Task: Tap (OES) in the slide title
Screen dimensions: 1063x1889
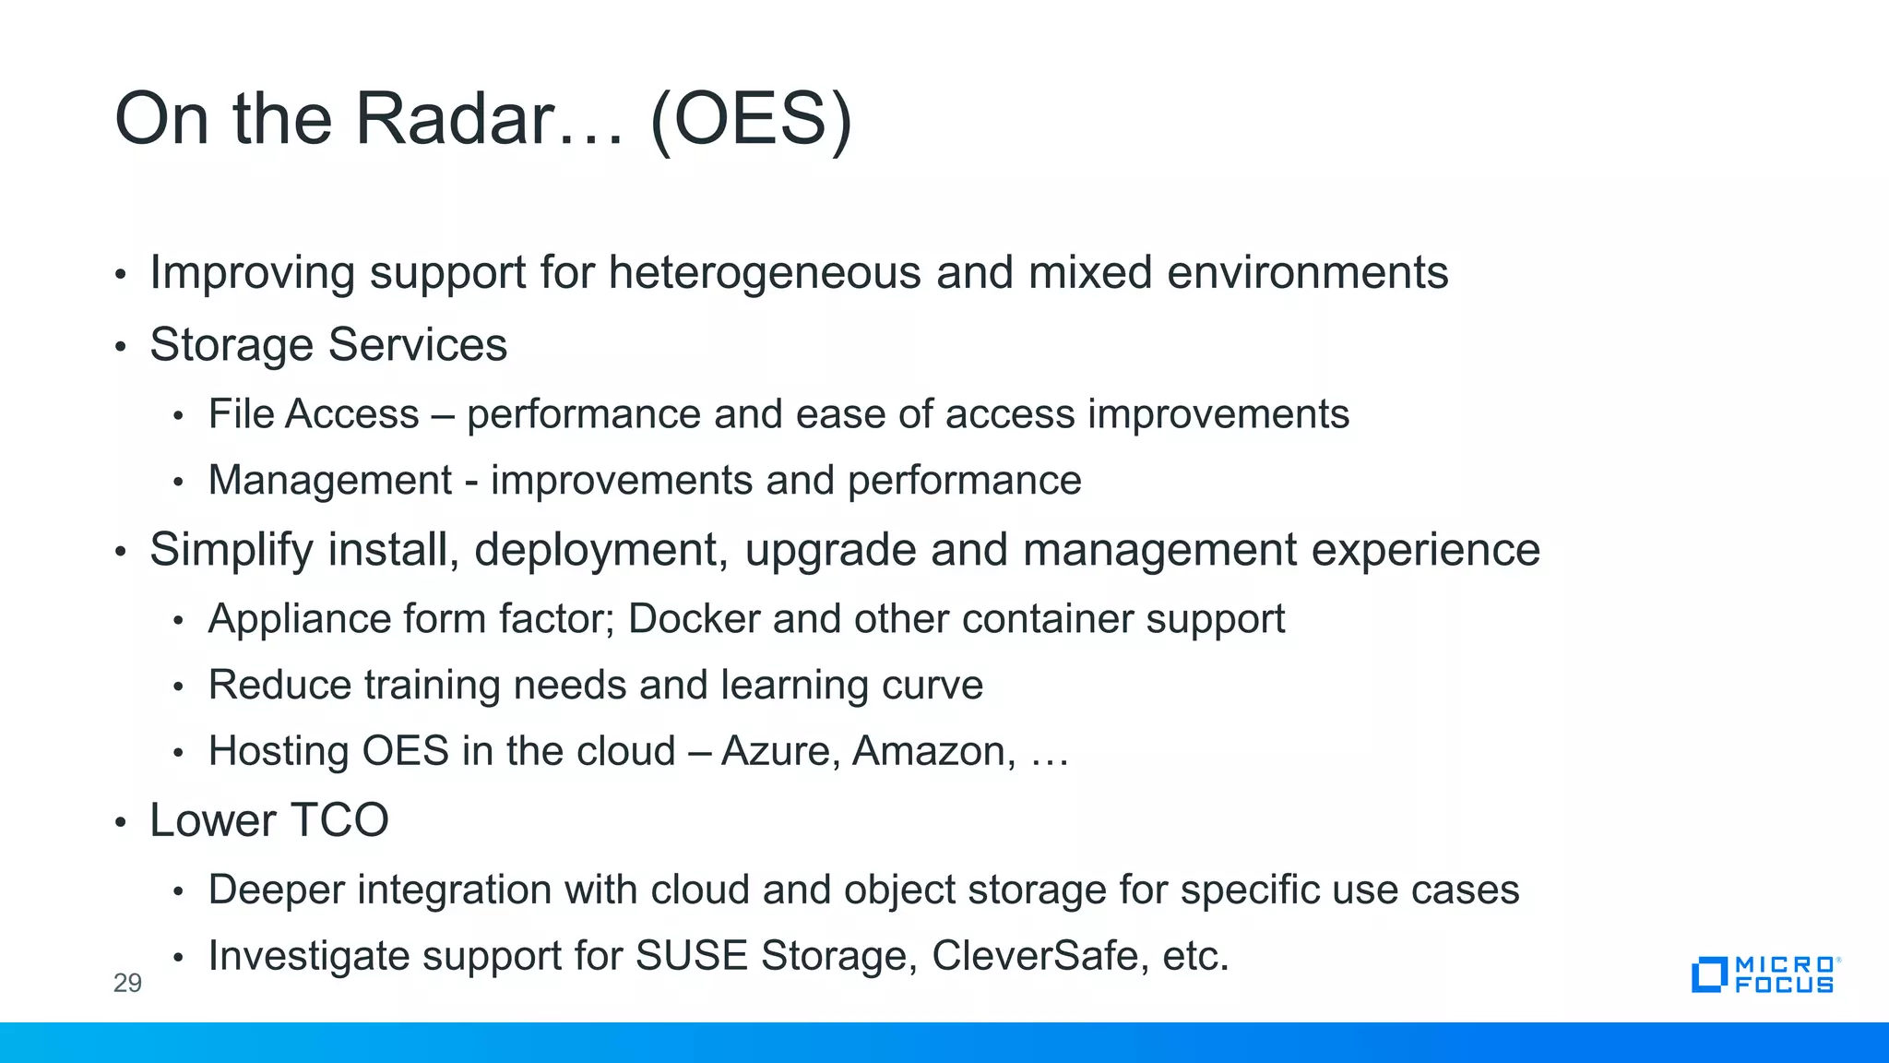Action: (751, 119)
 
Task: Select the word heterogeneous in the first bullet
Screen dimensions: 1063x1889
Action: (765, 273)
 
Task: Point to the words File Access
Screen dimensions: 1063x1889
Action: (314, 414)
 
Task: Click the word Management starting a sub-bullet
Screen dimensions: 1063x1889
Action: (330, 481)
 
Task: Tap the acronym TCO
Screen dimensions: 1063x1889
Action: (339, 820)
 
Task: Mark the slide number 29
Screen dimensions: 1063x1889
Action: (127, 983)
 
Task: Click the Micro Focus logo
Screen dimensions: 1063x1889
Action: (1764, 974)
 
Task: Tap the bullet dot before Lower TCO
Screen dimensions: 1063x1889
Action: (120, 822)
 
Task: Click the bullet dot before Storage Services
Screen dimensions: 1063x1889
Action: (120, 348)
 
